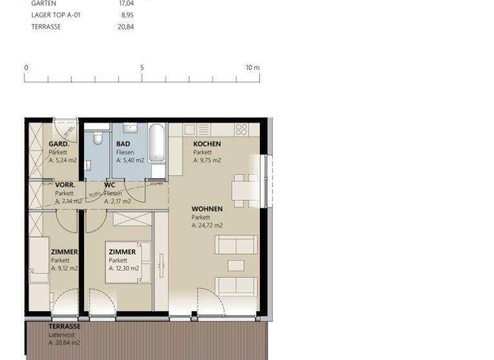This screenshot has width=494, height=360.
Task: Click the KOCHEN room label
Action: pyautogui.click(x=207, y=144)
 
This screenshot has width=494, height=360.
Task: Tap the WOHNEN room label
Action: pyautogui.click(x=207, y=209)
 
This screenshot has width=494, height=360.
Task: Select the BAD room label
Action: pyautogui.click(x=123, y=144)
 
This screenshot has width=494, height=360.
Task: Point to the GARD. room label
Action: pyautogui.click(x=59, y=144)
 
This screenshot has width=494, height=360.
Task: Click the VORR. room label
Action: pyautogui.click(x=65, y=184)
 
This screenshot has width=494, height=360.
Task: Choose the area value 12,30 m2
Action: pyautogui.click(x=123, y=269)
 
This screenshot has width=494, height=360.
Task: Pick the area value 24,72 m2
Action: pyautogui.click(x=207, y=226)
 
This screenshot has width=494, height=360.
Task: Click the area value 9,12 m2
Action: pyautogui.click(x=64, y=269)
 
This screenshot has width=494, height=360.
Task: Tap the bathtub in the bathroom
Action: pyautogui.click(x=157, y=143)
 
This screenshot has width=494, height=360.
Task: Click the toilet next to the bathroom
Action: pyautogui.click(x=97, y=139)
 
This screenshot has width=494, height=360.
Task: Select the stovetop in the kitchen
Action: pyautogui.click(x=241, y=129)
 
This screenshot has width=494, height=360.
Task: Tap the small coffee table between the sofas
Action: pyautogui.click(x=236, y=265)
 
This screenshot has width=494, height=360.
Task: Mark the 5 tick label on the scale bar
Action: pyautogui.click(x=142, y=67)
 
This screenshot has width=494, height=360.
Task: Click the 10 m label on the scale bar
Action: pyautogui.click(x=252, y=67)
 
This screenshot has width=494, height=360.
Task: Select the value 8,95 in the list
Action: pyautogui.click(x=127, y=15)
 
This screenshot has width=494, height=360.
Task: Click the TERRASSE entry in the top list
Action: pyautogui.click(x=46, y=27)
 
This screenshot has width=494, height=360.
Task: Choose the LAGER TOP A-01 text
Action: pyautogui.click(x=57, y=15)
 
